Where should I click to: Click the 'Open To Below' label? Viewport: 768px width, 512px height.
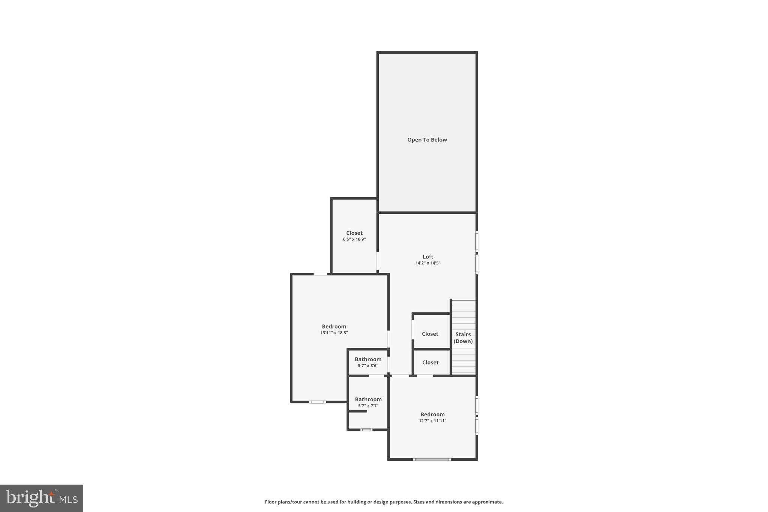(427, 140)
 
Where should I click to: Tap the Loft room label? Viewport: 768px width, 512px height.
(428, 257)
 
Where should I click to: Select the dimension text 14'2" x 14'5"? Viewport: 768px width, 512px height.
(428, 263)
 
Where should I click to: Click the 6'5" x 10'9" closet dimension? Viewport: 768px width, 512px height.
(354, 239)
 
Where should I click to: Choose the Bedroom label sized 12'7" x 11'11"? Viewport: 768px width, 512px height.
(432, 414)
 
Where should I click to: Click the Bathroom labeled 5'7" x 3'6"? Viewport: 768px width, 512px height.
(368, 359)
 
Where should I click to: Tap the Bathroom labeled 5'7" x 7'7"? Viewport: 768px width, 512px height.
(368, 399)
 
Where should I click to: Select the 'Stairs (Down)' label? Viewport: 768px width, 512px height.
(463, 338)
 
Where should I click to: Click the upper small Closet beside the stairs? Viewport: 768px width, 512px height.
(430, 334)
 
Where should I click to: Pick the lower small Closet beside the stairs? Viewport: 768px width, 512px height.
(430, 362)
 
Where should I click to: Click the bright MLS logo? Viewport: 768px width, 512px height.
(42, 498)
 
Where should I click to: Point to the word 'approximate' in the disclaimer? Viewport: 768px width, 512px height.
(487, 502)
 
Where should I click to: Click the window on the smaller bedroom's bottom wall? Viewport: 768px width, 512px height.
(432, 459)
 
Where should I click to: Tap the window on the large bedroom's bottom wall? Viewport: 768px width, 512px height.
(317, 402)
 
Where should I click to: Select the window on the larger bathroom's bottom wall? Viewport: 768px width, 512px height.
(366, 429)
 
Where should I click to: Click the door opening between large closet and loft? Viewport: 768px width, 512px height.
(378, 261)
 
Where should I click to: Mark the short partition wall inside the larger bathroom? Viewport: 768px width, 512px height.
(357, 411)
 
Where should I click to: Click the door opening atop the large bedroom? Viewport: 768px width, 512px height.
(320, 274)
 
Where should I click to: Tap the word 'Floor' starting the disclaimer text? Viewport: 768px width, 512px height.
(271, 502)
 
